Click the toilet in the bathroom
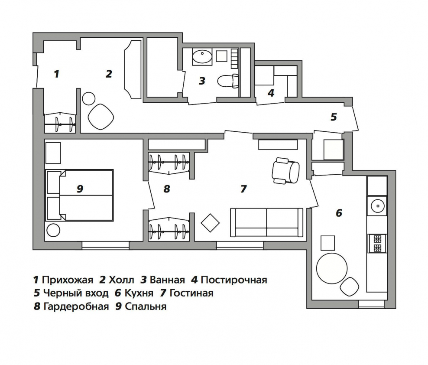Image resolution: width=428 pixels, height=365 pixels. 228,81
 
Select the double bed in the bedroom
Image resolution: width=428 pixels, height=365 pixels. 79,195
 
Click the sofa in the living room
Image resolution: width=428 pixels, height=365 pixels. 266,222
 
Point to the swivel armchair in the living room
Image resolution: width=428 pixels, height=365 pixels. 285,170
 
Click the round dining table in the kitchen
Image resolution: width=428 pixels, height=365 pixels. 332,268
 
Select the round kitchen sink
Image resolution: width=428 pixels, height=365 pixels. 377,206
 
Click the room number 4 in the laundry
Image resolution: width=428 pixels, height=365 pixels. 271,93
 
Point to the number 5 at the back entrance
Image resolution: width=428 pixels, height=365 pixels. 334,117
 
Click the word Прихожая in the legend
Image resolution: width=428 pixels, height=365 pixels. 68,280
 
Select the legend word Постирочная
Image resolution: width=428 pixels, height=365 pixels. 234,280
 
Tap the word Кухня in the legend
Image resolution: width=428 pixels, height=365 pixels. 139,293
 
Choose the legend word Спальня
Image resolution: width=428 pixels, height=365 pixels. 146,306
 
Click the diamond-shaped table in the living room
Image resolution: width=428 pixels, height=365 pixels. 210,223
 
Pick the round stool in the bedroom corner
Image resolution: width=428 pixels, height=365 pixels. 53,230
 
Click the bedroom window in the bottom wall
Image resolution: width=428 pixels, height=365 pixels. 105,245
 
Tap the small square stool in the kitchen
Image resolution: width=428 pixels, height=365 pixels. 327,243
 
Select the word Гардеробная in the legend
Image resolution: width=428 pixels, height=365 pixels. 76,306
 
